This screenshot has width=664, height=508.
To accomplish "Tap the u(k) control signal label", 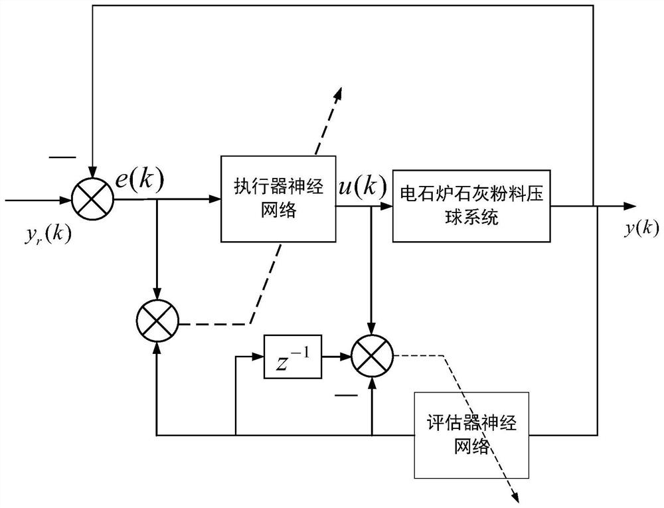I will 362,187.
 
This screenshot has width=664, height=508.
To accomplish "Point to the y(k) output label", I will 641,228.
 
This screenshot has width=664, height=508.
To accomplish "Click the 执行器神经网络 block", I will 278,198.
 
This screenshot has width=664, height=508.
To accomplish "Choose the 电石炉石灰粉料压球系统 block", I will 472,207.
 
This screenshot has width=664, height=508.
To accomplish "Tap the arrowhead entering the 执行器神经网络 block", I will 215,198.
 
